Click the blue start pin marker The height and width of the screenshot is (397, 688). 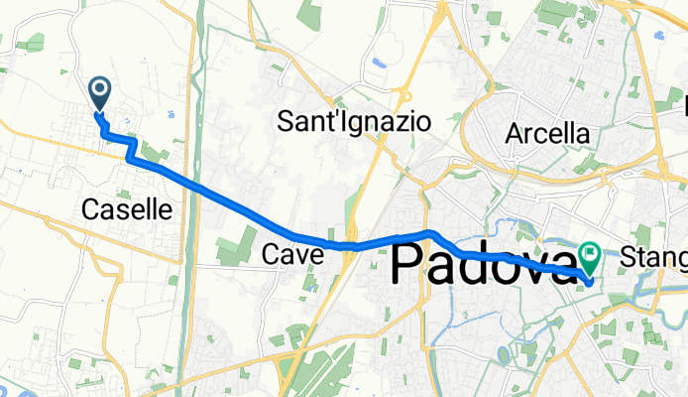pyautogui.click(x=100, y=92)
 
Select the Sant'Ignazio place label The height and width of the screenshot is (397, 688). pyautogui.click(x=354, y=122)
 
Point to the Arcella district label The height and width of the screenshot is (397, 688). pyautogui.click(x=546, y=132)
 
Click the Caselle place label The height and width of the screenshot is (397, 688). pyautogui.click(x=127, y=209)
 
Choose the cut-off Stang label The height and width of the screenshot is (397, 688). pyautogui.click(x=657, y=258)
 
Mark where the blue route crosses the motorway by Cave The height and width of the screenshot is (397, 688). pyautogui.click(x=350, y=244)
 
